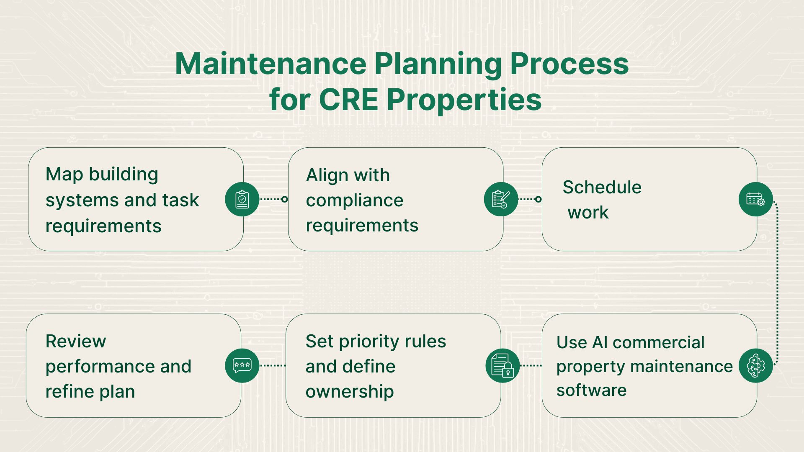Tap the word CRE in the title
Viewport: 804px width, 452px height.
(x=348, y=100)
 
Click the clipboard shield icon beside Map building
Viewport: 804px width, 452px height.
(x=242, y=199)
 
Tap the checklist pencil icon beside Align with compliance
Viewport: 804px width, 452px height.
(x=501, y=199)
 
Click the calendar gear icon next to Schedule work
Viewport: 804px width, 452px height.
(x=755, y=199)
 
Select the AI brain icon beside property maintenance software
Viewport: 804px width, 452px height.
(x=755, y=366)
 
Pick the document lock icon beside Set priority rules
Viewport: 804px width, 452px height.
(x=502, y=366)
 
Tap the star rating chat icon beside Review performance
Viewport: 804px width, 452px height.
(x=242, y=365)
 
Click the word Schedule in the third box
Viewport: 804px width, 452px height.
(x=602, y=187)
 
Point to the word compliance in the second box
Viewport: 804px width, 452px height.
(x=354, y=200)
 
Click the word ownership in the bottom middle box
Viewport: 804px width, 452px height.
(x=349, y=392)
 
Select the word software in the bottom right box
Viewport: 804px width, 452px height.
(x=591, y=390)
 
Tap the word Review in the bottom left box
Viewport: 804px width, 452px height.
(x=75, y=341)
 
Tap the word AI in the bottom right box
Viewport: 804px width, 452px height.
(x=600, y=342)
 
